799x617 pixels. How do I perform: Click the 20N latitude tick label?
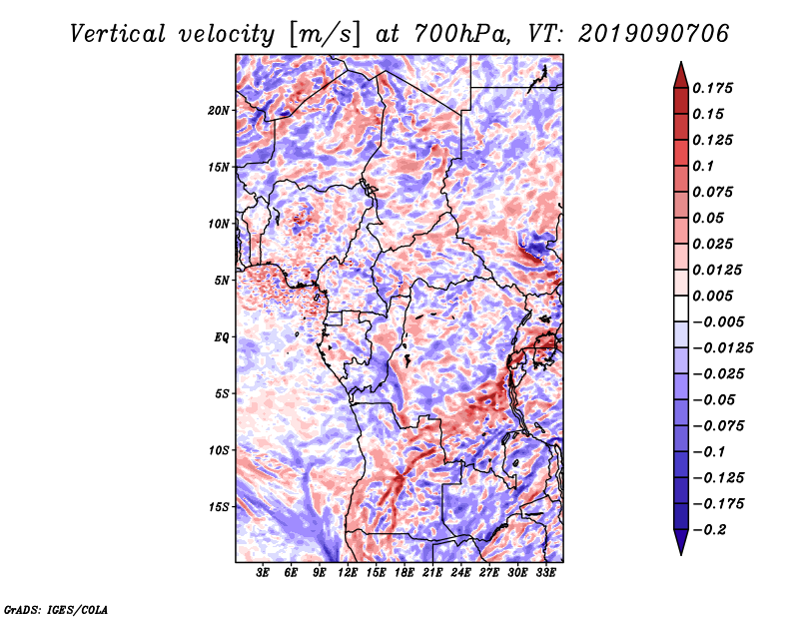click(219, 110)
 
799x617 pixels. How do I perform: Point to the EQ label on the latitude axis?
click(221, 336)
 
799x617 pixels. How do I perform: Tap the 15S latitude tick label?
click(219, 506)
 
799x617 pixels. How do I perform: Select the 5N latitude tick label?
click(222, 280)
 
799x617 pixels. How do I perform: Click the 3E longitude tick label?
click(264, 573)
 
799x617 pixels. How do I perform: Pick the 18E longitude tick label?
click(404, 573)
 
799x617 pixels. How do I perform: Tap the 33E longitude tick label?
click(545, 573)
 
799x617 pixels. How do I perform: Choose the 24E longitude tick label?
click(460, 573)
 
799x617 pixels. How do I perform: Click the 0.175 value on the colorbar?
click(714, 88)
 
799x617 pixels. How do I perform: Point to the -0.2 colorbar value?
click(711, 529)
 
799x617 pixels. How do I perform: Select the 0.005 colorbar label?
click(714, 296)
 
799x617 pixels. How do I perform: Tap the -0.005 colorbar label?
click(718, 321)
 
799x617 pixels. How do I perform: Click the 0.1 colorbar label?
click(705, 166)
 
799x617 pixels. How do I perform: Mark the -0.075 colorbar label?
click(718, 425)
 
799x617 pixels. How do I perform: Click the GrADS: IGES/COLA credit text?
click(56, 608)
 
